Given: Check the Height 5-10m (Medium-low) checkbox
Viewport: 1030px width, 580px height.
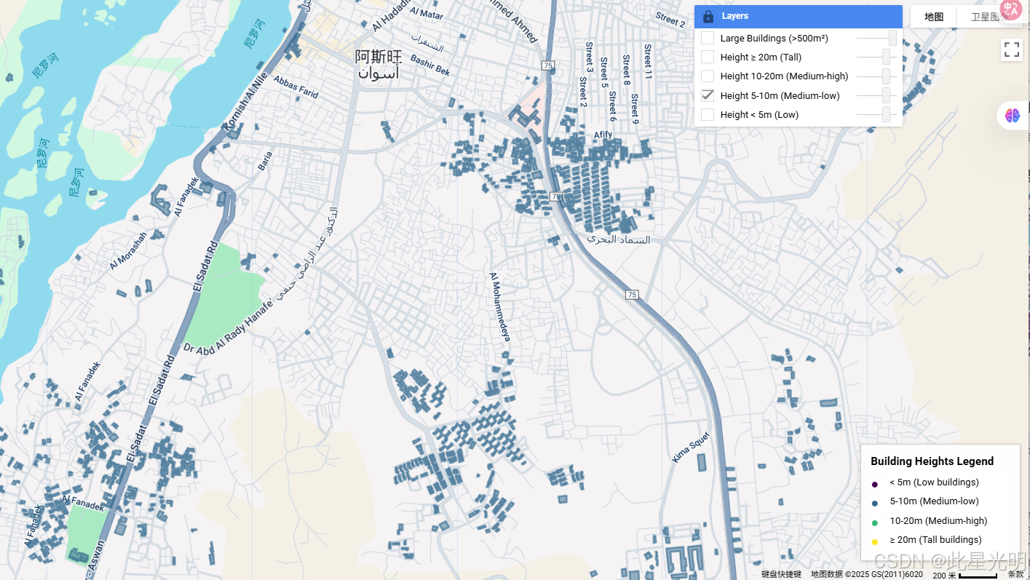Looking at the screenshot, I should click(708, 95).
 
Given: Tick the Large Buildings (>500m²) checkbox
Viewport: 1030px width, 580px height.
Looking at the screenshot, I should click(708, 38).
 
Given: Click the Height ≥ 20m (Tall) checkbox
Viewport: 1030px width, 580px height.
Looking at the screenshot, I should click(708, 57).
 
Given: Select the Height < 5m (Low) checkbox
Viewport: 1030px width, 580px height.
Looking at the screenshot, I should click(708, 114).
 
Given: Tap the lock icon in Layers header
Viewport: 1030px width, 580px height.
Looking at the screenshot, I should click(708, 16).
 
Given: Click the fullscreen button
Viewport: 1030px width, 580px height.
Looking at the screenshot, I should click(1012, 49).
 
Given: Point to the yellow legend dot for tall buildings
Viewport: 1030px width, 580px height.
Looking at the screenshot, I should click(874, 541).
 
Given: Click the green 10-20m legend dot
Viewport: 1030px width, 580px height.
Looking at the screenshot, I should click(874, 522).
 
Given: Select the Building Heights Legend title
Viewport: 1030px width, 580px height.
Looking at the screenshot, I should click(932, 461).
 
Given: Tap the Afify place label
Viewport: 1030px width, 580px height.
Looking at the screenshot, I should click(603, 135).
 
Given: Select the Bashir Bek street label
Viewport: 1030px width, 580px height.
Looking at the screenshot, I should click(430, 65).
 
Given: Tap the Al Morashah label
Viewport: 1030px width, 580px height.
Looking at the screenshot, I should click(128, 250).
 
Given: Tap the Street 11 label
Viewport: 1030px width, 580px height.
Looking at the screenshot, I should click(647, 62).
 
